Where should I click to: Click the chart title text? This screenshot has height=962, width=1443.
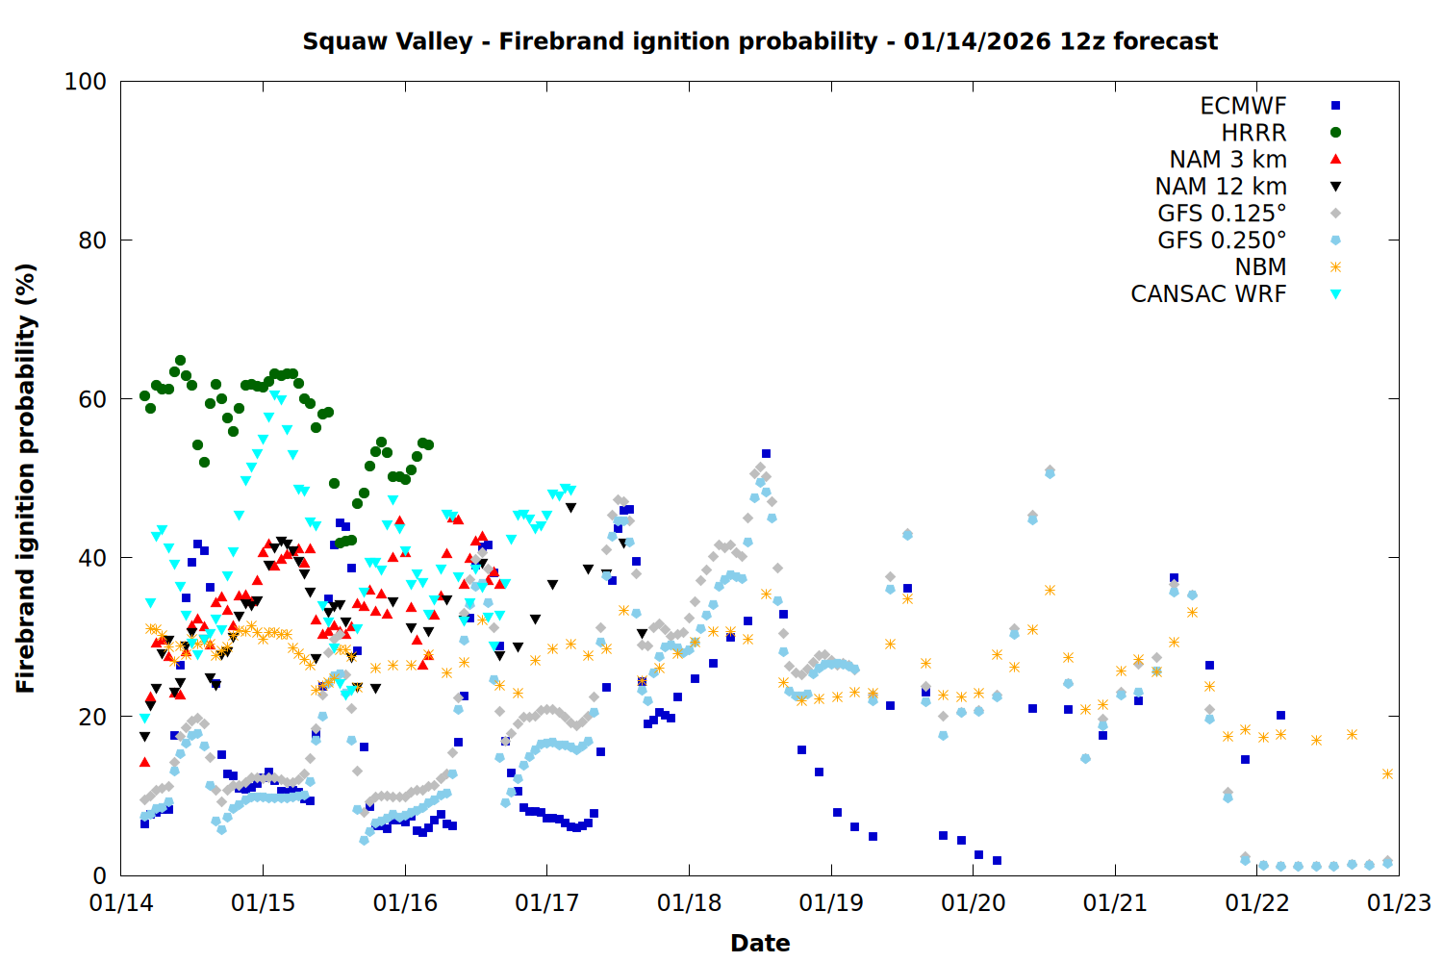coord(760,41)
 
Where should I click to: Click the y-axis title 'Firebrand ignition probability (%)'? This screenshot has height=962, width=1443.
coord(26,478)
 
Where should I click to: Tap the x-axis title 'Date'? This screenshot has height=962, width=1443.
coord(760,943)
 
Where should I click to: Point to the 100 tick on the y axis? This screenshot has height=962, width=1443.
coord(86,82)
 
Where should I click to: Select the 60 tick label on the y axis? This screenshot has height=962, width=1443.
coord(91,399)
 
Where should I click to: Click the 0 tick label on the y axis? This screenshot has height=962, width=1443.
coord(99,875)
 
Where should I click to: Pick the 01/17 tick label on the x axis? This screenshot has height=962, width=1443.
coord(547,903)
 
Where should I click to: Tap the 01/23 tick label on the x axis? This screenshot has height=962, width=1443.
coord(1399,903)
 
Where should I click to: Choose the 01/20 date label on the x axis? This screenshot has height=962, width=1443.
coord(973,903)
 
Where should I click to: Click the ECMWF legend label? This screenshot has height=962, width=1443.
coord(1243,106)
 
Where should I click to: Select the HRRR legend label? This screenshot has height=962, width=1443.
coord(1253,133)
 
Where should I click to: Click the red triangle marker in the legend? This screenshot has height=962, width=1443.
coord(1335,160)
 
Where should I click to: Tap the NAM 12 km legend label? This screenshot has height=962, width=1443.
coord(1221,187)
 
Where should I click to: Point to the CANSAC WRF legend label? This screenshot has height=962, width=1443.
coord(1208,294)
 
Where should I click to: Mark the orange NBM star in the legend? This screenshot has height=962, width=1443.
coord(1335,267)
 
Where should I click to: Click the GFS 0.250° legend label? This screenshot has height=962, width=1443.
coord(1222,240)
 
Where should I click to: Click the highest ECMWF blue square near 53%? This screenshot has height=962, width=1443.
coord(766,453)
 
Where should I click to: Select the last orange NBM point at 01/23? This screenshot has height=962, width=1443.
coord(1387,773)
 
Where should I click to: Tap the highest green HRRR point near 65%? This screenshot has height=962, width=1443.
coord(180,361)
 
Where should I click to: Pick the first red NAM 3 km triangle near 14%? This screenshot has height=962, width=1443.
coord(144,762)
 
